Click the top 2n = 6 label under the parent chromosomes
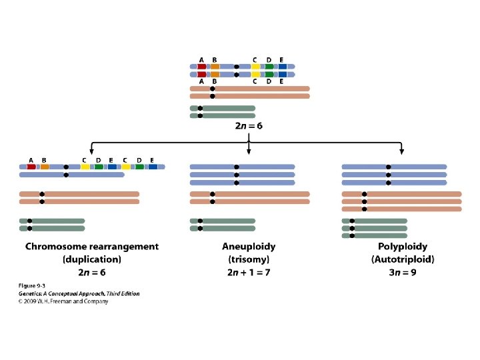(249, 126)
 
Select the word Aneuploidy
(249, 246)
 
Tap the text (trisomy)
(249, 259)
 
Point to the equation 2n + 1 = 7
(249, 272)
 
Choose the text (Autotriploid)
(402, 259)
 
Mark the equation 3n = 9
(402, 272)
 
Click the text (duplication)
(92, 259)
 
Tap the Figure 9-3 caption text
(32, 286)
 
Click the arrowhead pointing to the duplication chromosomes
(91, 151)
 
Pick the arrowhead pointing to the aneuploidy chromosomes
(249, 151)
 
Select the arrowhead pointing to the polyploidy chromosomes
(401, 151)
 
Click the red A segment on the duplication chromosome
(31, 167)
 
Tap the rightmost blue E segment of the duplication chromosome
(153, 167)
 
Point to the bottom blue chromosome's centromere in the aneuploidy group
(236, 183)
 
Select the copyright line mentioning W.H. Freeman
(63, 301)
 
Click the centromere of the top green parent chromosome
(200, 108)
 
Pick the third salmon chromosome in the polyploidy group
(401, 209)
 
